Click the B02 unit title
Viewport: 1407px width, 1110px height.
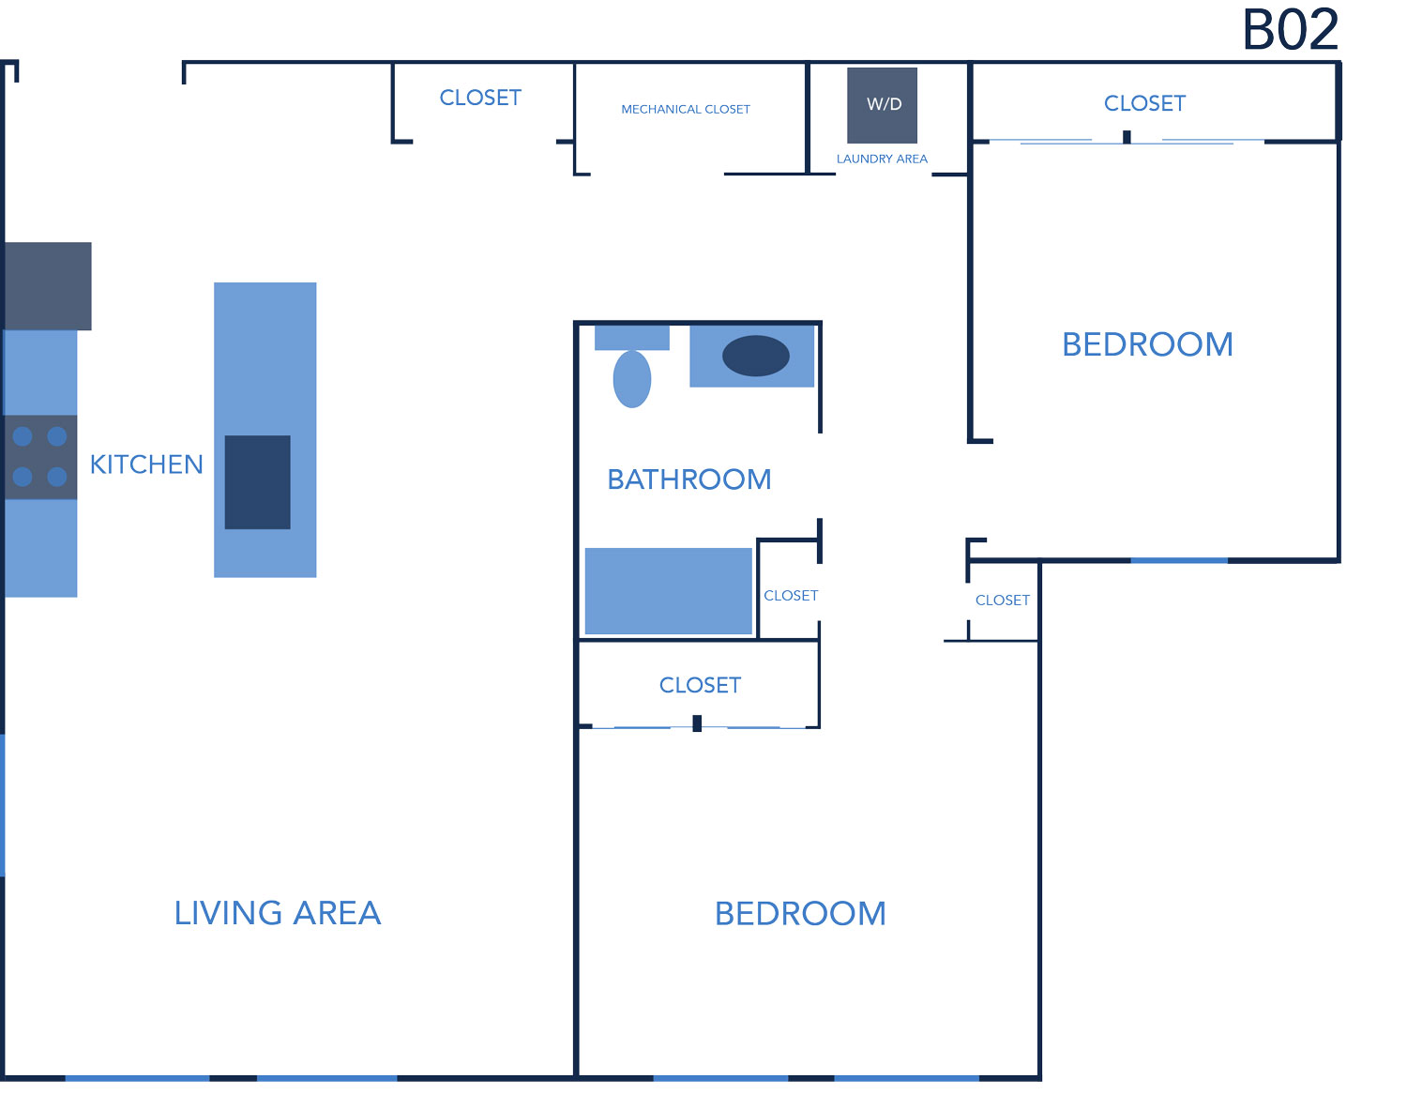point(1290,29)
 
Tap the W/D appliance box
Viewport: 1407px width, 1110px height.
point(882,105)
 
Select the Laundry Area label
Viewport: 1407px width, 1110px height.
point(882,159)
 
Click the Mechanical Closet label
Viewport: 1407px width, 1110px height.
point(685,109)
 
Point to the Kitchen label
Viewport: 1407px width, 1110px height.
point(146,464)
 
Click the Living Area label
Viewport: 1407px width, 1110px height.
point(278,913)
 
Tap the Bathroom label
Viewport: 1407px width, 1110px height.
point(689,479)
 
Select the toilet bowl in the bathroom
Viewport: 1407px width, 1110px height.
point(631,379)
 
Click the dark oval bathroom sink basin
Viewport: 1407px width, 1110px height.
point(756,356)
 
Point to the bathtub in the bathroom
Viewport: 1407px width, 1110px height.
point(668,591)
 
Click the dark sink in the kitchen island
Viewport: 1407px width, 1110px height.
point(258,482)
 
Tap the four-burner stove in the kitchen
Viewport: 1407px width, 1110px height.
point(40,457)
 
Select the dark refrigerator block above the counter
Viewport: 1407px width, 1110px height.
point(48,286)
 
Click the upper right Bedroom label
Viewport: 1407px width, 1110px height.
point(1147,344)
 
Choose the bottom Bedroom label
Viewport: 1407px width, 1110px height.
point(800,914)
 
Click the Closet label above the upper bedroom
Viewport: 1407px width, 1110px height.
point(1144,103)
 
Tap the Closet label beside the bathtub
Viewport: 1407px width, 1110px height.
point(791,596)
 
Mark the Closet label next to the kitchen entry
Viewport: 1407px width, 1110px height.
point(480,99)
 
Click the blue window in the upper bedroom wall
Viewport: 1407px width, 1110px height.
point(1179,560)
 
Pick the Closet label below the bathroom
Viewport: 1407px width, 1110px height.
point(700,686)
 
